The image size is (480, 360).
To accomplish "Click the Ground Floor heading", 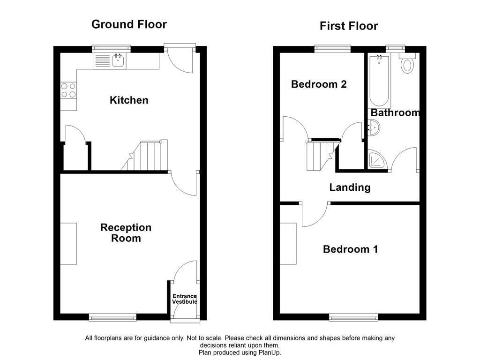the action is [129, 24].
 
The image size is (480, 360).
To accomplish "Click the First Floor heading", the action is [349, 26].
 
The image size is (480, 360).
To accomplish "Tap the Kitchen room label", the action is [129, 100].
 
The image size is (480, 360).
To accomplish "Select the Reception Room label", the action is [126, 232].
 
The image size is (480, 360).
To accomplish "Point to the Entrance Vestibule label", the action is [185, 299].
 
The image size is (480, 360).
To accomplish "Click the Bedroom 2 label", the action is [319, 84].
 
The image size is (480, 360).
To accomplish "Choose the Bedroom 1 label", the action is [350, 249].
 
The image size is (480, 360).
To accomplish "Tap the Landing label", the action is [350, 187].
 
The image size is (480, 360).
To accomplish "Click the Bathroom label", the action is [395, 112].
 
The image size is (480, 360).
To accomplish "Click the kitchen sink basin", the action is [118, 60].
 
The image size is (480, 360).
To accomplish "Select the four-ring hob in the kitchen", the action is [68, 90].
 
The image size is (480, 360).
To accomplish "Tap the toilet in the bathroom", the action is [407, 64].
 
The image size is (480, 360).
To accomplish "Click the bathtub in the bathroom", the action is [379, 81].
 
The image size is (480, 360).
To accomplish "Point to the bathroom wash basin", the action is [374, 127].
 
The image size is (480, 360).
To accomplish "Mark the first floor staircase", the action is [323, 155].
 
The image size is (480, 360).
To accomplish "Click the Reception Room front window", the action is [112, 317].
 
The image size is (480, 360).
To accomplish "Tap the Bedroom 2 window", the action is [332, 49].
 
